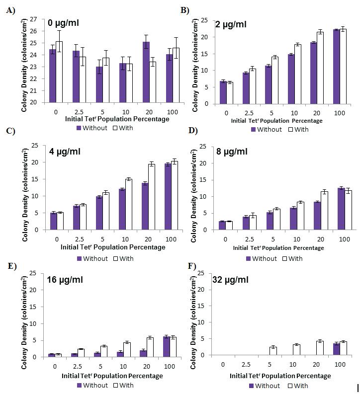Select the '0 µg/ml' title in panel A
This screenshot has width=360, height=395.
(63, 23)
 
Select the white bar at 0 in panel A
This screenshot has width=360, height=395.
(59, 72)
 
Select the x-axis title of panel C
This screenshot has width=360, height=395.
(113, 247)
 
